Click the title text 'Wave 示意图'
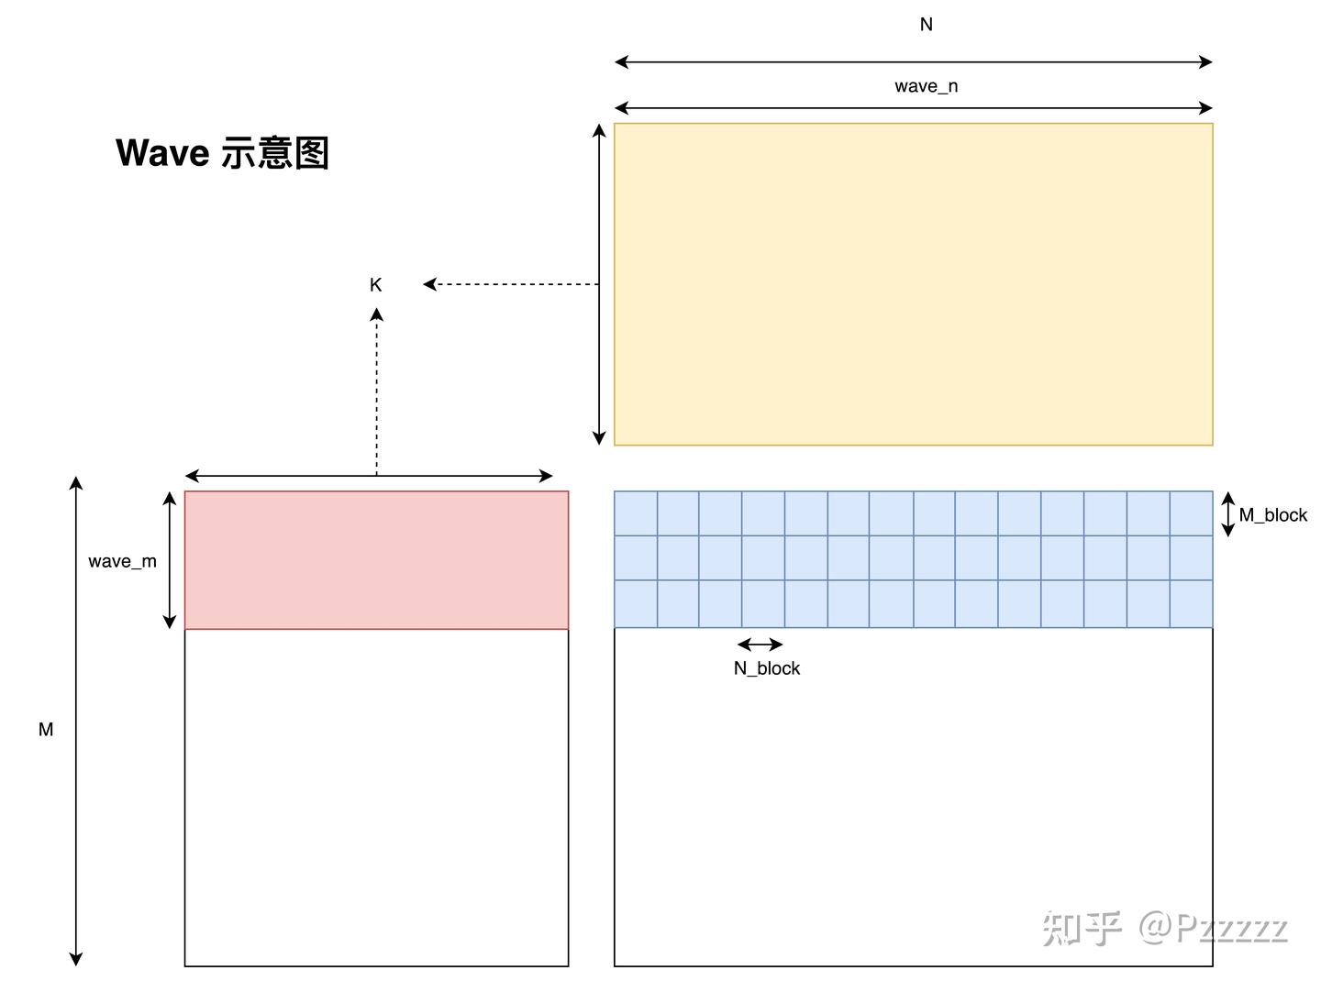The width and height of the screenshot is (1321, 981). coord(222,153)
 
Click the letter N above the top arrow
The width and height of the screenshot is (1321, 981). coord(926,25)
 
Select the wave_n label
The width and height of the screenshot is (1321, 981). coord(926,86)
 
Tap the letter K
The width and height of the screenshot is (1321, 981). coord(375,285)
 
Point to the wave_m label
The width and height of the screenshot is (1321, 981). coord(122,561)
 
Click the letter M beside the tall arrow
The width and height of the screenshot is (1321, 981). coord(46,730)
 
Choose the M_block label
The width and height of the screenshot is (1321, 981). coord(1272,515)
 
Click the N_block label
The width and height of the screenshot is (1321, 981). coord(766,668)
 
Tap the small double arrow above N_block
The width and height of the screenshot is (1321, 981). coord(760,645)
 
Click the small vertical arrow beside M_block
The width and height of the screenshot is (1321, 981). coord(1228,514)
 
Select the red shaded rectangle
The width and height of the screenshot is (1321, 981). coord(376,560)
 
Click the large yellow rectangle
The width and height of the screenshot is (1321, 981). coord(913,284)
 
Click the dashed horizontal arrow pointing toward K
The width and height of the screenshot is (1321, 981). coord(511,284)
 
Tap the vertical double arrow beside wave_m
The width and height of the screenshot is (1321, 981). coord(169,560)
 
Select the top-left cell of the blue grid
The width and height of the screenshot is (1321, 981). coord(636,513)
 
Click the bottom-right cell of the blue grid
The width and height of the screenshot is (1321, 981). coord(1191,604)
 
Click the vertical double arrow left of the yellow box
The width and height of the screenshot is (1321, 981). coord(599,284)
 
